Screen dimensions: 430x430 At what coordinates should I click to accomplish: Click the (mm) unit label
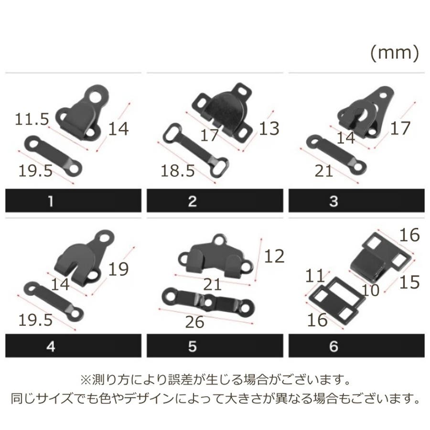click(x=395, y=53)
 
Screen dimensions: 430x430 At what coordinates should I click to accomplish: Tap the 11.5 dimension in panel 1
click(x=32, y=119)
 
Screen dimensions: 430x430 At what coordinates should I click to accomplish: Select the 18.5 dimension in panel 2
click(x=177, y=171)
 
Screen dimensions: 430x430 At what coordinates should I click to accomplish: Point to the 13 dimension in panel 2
click(x=269, y=129)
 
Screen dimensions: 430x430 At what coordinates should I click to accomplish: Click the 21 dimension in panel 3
click(x=323, y=171)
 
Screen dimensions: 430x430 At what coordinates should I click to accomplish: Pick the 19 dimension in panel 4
click(x=118, y=269)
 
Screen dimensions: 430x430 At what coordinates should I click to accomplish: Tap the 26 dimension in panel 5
click(x=195, y=322)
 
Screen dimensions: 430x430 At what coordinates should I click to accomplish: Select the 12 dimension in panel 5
click(x=274, y=257)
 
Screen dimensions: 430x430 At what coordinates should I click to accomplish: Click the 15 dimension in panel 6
click(x=409, y=282)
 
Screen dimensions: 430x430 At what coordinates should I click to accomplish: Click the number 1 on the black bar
click(x=51, y=201)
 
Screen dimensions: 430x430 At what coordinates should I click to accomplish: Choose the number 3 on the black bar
click(x=333, y=201)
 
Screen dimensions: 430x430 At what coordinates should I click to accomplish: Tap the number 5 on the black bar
click(x=192, y=346)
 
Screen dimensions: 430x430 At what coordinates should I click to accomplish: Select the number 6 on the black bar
click(x=333, y=346)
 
